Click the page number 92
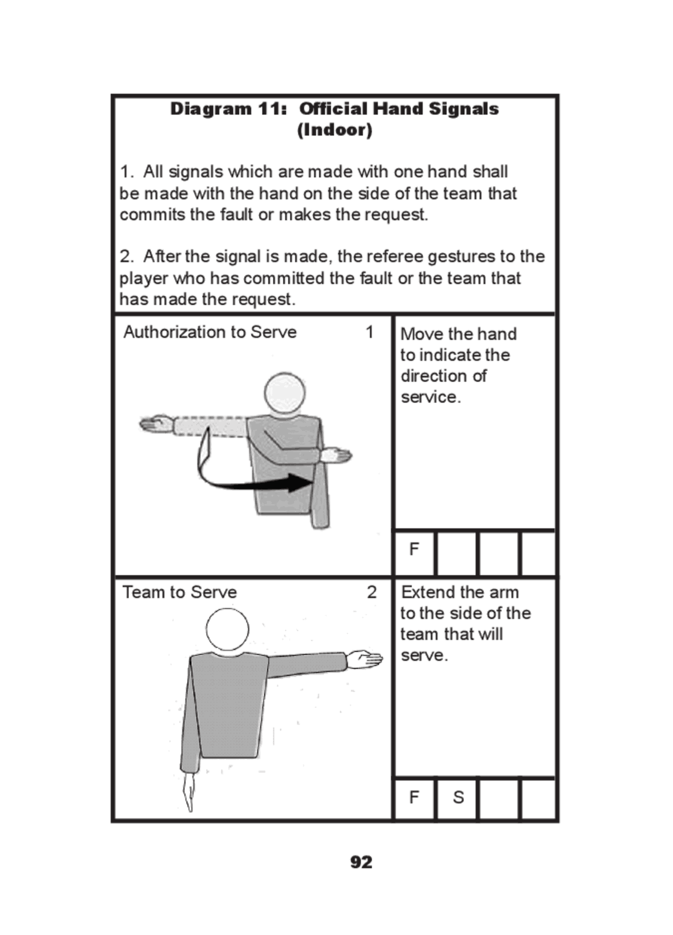361,862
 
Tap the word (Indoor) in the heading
334,130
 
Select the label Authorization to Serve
210,332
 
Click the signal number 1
370,332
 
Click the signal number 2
371,592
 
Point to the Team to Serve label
179,592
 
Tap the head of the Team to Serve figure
227,630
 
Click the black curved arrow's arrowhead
300,482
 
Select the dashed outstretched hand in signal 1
156,424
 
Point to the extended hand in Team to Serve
365,659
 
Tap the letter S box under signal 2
457,797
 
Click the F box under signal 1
414,549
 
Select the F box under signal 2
414,797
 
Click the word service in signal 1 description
430,397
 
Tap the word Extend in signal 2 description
424,592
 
